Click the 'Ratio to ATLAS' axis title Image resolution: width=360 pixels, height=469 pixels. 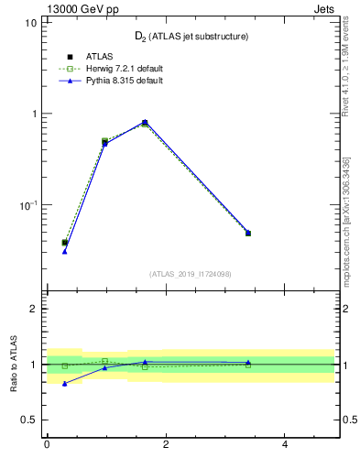pos(16,364)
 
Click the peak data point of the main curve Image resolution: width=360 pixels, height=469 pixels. pos(145,122)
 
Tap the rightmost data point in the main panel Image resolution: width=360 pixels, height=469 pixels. pos(247,233)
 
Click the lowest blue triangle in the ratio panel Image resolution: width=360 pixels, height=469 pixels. pos(64,384)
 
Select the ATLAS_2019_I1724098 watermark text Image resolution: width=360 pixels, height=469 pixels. pos(191,274)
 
